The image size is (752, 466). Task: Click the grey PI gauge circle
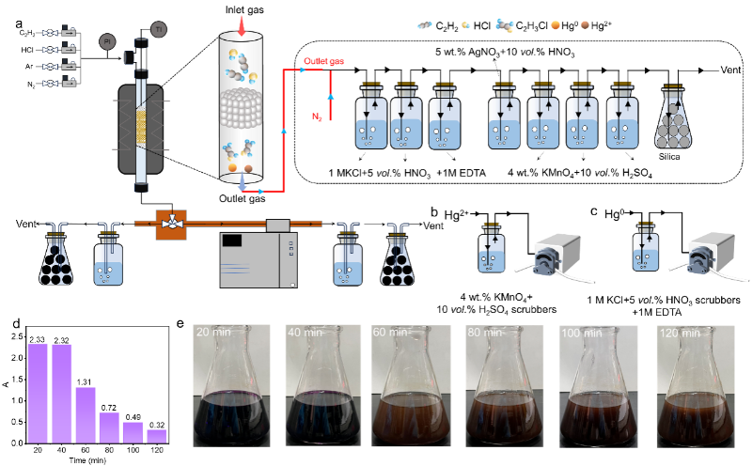tap(106, 41)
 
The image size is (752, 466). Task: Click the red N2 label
tap(318, 116)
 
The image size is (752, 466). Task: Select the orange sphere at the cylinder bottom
tap(249, 169)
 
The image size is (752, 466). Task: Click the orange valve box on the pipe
tap(171, 225)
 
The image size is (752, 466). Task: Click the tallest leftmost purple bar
tap(38, 392)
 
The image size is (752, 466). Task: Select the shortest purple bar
tap(156, 436)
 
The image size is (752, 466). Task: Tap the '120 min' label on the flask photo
tap(680, 333)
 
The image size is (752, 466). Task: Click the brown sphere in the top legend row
tap(586, 24)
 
